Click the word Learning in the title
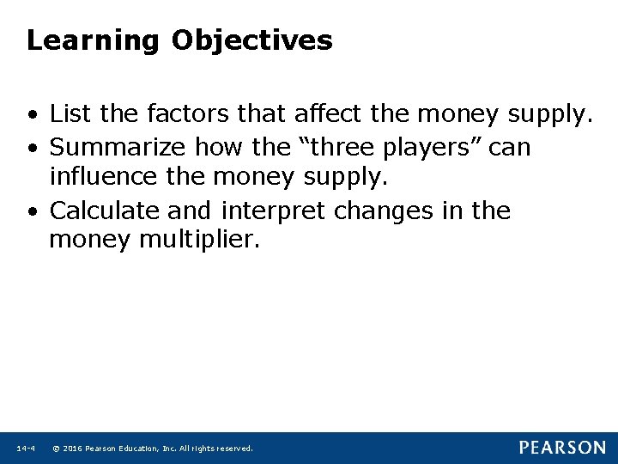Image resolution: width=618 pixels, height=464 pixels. [93, 41]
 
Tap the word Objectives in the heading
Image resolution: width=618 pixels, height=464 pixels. [251, 41]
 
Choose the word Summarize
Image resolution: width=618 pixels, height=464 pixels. [119, 147]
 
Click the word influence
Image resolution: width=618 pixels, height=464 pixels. [104, 179]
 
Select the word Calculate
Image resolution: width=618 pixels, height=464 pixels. [107, 211]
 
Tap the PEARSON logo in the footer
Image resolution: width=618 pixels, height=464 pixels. [561, 448]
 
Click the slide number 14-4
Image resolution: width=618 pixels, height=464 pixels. [25, 449]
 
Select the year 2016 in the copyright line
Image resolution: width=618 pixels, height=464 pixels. [71, 449]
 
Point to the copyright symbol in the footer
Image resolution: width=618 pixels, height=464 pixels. [56, 449]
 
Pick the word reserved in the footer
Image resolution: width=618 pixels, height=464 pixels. [234, 449]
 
